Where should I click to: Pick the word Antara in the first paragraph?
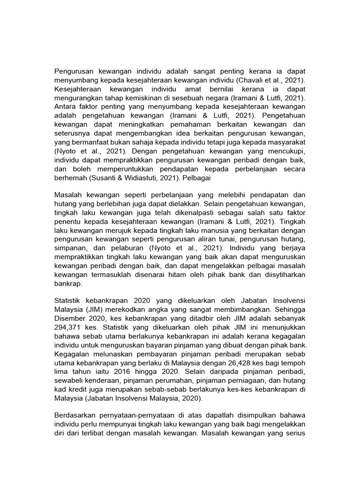66,107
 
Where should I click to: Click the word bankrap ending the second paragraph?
68,284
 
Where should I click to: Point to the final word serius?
294,434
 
